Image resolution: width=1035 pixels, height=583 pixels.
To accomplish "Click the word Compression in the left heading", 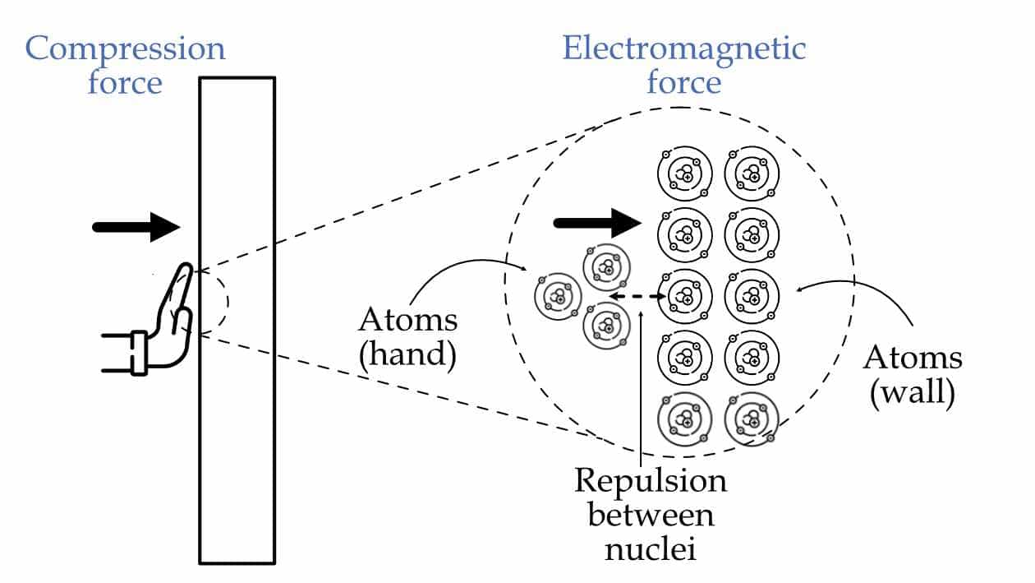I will pos(125,49).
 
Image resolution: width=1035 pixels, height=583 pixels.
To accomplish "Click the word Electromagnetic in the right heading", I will pos(683,49).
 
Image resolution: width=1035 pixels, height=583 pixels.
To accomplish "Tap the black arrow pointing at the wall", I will pos(136,227).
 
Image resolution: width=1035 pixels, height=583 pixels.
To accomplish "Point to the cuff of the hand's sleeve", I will pos(138,352).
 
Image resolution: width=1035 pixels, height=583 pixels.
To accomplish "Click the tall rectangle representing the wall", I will pos(237,321).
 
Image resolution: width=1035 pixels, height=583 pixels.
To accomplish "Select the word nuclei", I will pos(651,548).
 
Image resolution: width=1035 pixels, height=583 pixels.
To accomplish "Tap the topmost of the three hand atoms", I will pos(608,266).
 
